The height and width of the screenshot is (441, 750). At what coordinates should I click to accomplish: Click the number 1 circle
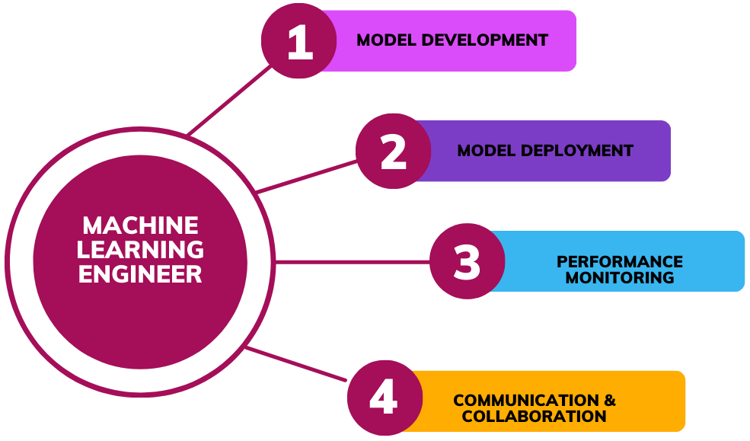tap(299, 41)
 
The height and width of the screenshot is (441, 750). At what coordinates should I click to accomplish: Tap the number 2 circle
tap(394, 151)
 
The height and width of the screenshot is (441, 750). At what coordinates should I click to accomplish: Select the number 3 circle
tap(467, 261)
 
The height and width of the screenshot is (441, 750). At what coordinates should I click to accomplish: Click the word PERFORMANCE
tap(620, 262)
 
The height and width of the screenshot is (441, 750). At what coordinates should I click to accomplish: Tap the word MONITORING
tap(620, 278)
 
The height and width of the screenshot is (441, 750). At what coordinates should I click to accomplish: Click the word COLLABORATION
tap(534, 417)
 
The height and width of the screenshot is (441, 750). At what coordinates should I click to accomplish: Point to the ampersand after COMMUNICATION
tap(610, 401)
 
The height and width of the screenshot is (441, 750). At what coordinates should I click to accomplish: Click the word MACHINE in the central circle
tap(140, 225)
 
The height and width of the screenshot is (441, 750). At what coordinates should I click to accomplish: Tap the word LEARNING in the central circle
tap(140, 249)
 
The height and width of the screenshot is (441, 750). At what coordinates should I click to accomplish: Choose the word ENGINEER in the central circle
tap(140, 273)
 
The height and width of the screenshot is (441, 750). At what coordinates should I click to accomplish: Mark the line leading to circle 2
tap(307, 176)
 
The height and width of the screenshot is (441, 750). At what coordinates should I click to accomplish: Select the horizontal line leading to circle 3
tap(350, 262)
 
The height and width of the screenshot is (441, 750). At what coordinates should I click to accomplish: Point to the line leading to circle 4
tap(297, 363)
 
